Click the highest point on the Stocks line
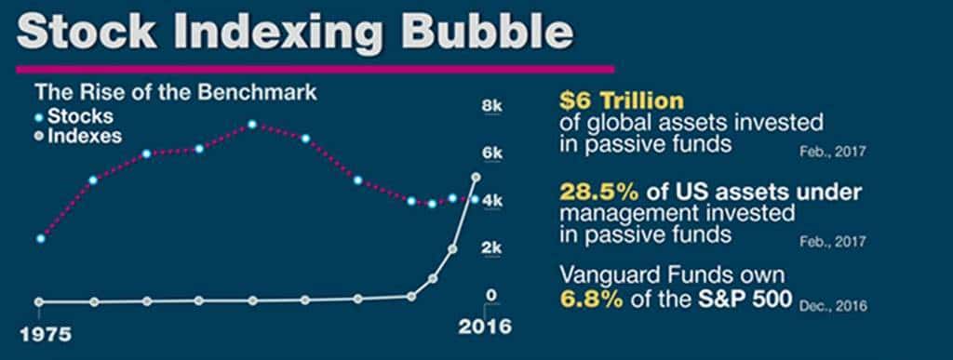[252, 125]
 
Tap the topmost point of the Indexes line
[476, 177]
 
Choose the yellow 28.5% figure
[586, 192]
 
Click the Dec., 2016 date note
[832, 304]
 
